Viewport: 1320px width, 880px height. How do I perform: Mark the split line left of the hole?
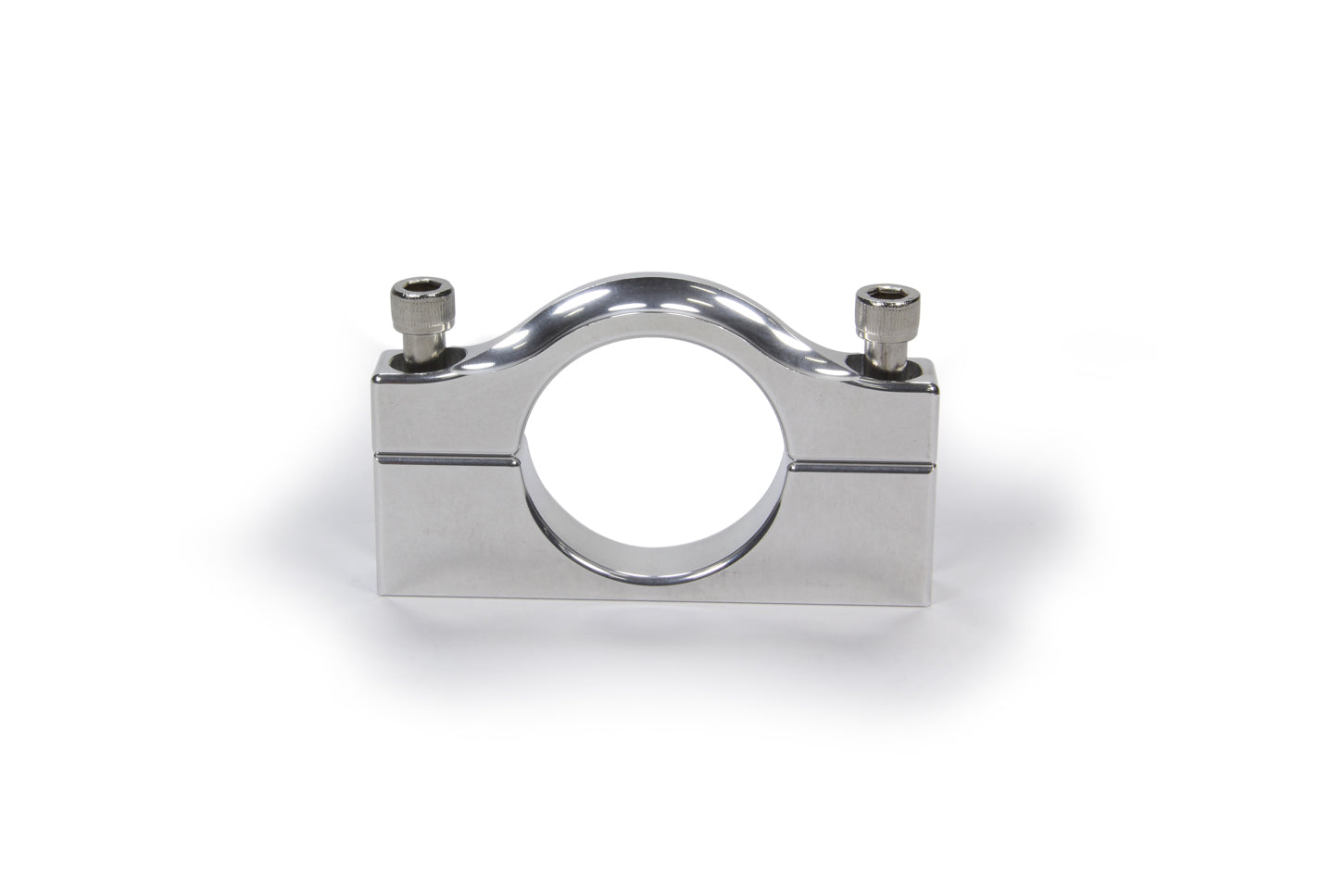click(x=445, y=457)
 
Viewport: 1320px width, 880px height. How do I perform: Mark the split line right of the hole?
click(x=867, y=460)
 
